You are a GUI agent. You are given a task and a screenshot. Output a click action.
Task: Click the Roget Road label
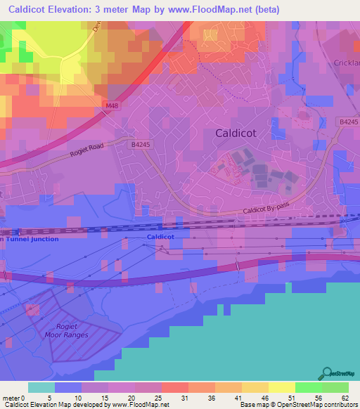pos(86,150)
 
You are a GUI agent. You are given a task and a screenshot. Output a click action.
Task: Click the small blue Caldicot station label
pos(160,238)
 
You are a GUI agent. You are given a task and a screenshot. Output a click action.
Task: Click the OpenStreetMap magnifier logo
pos(328,374)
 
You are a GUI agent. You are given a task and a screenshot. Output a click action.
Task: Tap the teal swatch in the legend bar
pos(41,387)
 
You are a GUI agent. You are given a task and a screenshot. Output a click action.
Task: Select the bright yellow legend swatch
pos(282,387)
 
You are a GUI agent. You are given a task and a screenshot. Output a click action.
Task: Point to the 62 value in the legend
pos(344,398)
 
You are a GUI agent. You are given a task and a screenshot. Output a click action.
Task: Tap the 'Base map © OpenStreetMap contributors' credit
pos(298,405)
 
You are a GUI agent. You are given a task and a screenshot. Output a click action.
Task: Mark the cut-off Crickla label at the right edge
pos(347,62)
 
